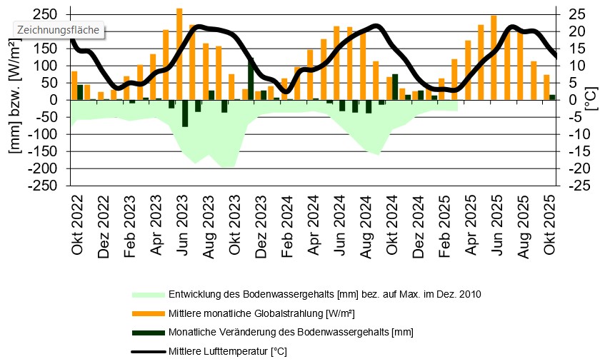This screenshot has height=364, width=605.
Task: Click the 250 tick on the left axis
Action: coord(47,14)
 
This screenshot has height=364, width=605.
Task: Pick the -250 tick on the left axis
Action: coord(44,186)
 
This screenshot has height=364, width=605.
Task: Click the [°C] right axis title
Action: coord(591,100)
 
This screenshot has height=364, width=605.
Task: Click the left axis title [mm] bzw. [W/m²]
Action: coord(14,100)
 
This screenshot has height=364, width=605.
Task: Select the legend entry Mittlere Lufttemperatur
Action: coord(227,351)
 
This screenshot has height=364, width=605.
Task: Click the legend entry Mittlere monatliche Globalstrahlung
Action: coord(261,313)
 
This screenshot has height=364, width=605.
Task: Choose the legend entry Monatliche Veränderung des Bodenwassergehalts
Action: coord(290,332)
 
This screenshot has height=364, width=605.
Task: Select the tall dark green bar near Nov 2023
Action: coord(251,79)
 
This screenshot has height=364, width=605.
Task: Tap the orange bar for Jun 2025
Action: coord(494,58)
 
